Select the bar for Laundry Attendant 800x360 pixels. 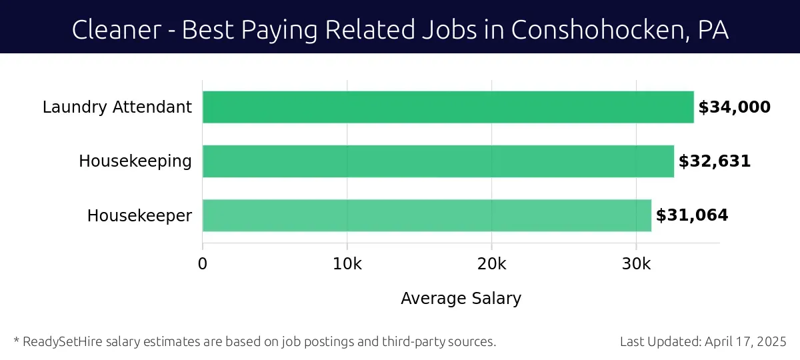tap(448, 107)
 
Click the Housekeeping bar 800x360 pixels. tap(438, 161)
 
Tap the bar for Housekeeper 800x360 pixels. tap(427, 215)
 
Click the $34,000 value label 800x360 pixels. tap(734, 107)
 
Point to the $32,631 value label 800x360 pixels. tap(715, 161)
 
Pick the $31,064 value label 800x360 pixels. tap(692, 215)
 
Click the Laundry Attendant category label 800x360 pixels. tap(117, 107)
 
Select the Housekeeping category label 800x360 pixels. tap(135, 161)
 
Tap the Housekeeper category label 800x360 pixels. tap(140, 216)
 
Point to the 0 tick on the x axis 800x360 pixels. tap(203, 263)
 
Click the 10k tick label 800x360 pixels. tap(347, 263)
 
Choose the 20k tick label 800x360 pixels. tap(491, 263)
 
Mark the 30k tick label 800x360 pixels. tap(636, 263)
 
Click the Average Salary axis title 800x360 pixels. tap(461, 299)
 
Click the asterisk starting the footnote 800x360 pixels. tap(16, 341)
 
